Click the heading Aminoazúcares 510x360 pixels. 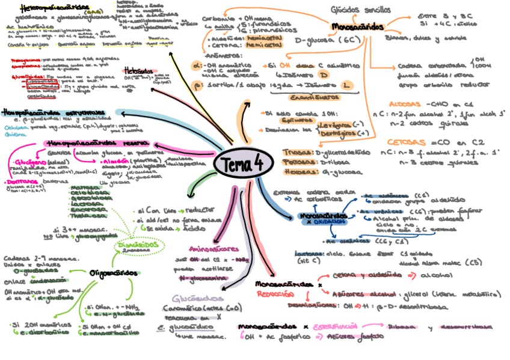point(213,248)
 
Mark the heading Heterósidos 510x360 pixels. point(138,69)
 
